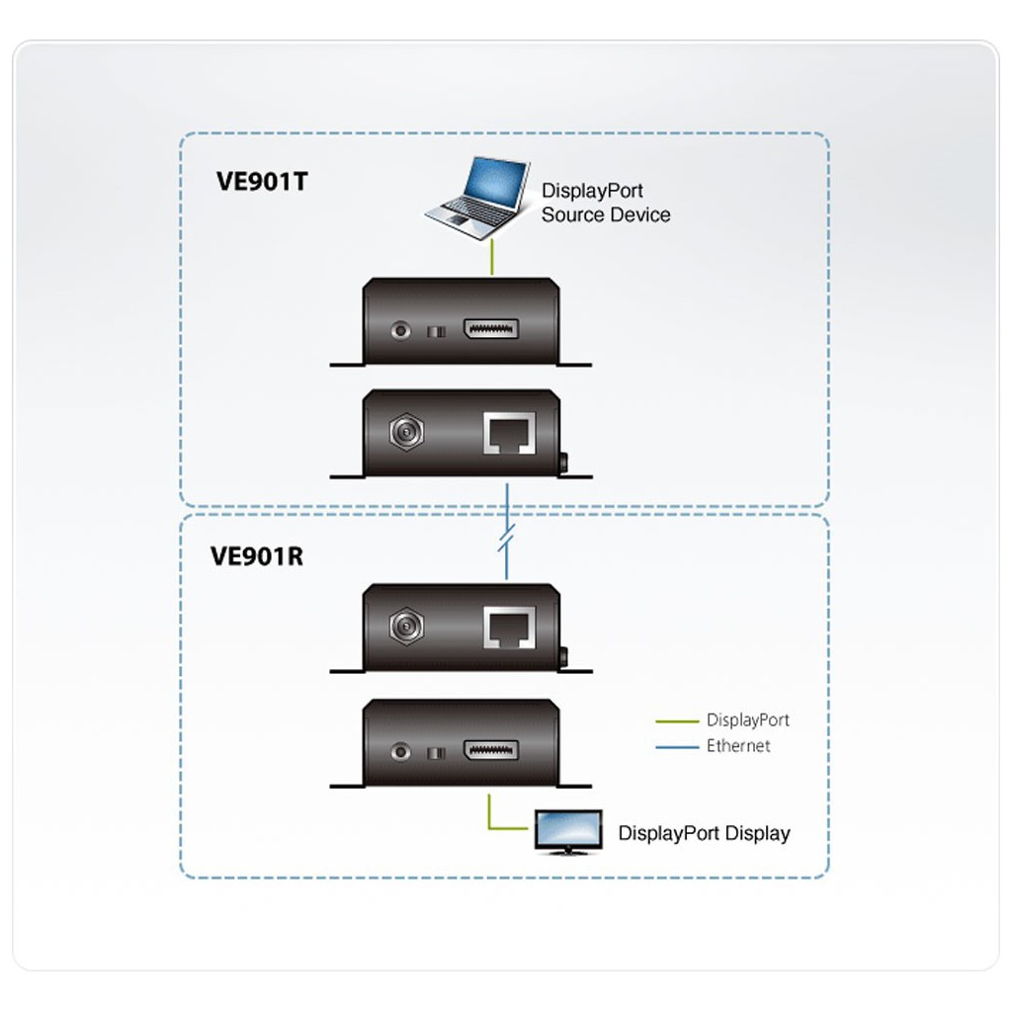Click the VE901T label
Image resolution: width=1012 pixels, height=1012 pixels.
(262, 182)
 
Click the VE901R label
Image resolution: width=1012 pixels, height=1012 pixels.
(257, 556)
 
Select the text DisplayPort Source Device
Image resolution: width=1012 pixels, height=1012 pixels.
(606, 203)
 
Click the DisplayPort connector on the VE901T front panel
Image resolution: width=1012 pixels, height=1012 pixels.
(490, 329)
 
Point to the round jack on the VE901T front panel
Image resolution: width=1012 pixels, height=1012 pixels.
(401, 330)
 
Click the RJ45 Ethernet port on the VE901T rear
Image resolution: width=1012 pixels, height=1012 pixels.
(509, 433)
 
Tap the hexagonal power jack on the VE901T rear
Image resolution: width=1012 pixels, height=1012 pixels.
(406, 431)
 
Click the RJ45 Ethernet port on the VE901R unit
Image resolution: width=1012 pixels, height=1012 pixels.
(509, 628)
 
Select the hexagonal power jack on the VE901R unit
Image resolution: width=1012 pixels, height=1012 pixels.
(406, 626)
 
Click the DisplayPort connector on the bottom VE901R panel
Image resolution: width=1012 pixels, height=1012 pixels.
(490, 750)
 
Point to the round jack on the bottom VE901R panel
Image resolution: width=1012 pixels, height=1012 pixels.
(401, 752)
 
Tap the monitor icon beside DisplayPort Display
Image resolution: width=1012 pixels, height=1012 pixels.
(568, 832)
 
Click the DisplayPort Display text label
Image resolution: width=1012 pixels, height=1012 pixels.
(704, 833)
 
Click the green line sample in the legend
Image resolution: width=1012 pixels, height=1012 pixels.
(677, 720)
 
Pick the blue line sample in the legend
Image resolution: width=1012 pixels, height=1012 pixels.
(677, 747)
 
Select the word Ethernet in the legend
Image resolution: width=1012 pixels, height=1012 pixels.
(738, 746)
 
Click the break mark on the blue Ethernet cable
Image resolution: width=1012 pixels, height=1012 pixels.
(507, 539)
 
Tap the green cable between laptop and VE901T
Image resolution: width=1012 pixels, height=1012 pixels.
(492, 257)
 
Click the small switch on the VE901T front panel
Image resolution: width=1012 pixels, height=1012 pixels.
(436, 332)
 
